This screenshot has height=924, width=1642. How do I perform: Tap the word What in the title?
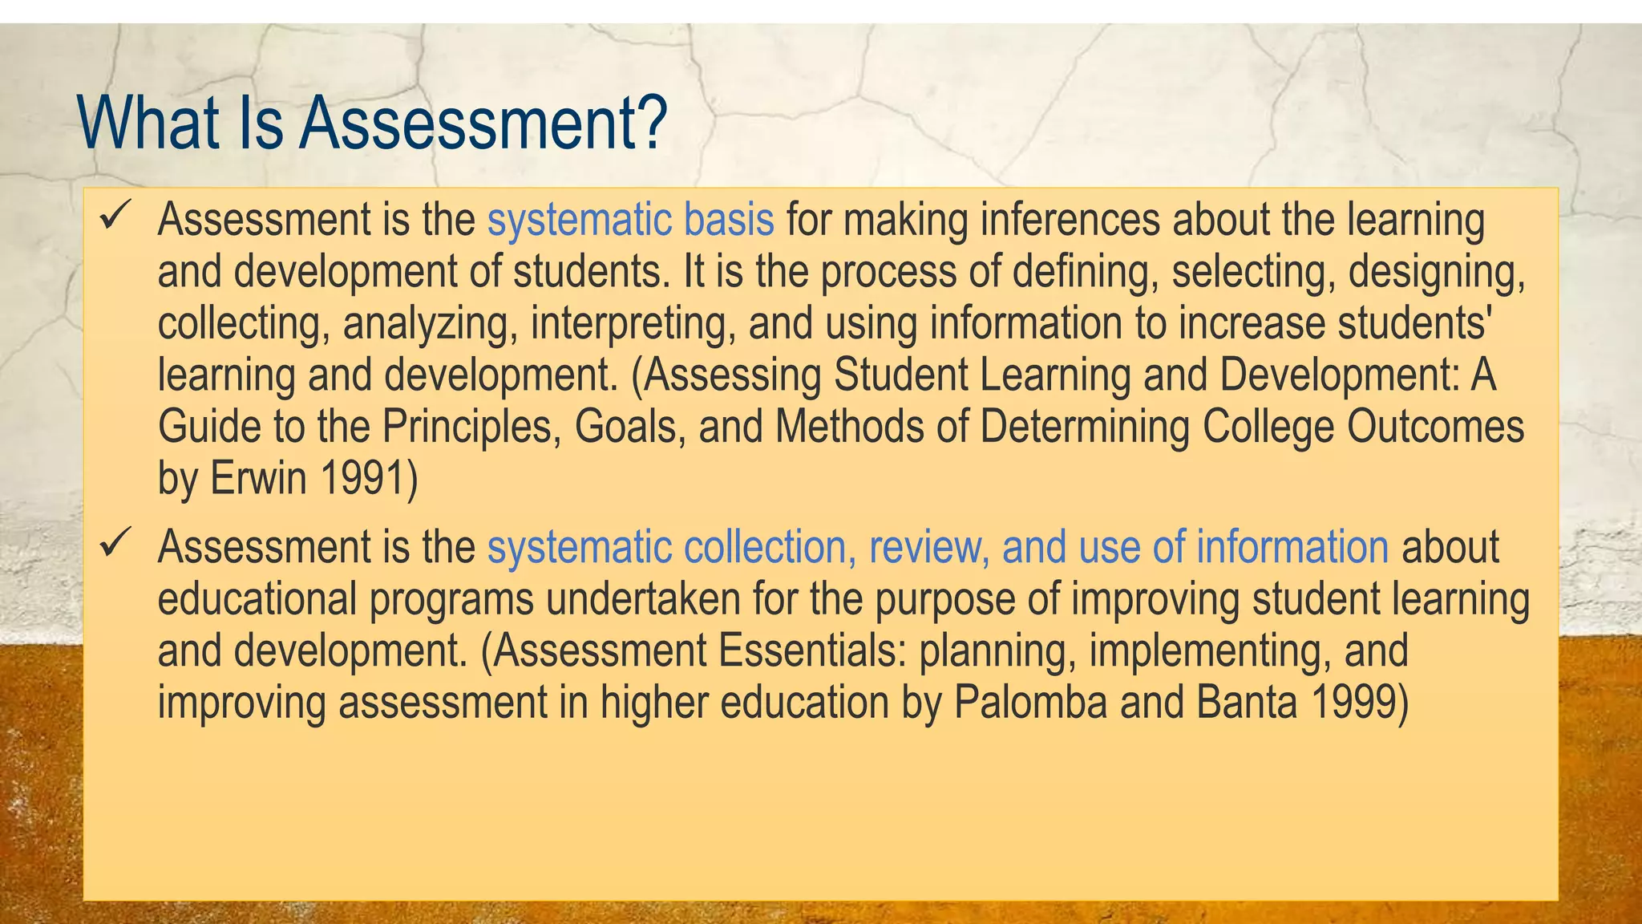pyautogui.click(x=149, y=123)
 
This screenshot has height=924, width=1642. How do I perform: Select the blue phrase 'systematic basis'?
pyautogui.click(x=630, y=220)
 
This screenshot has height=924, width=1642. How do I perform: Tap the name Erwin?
pyautogui.click(x=258, y=479)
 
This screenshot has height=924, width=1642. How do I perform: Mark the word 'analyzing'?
pyautogui.click(x=430, y=324)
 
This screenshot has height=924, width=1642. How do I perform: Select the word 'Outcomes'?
pyautogui.click(x=1434, y=427)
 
